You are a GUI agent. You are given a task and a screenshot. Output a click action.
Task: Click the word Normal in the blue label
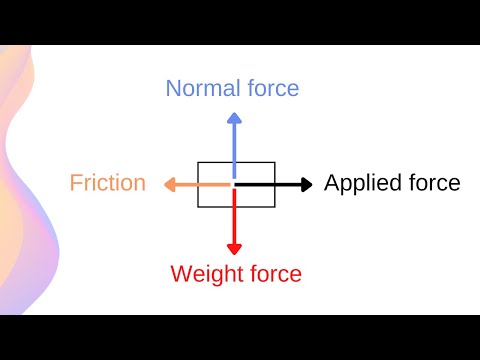pos(199,88)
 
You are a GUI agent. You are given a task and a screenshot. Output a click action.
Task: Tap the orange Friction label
pos(108,184)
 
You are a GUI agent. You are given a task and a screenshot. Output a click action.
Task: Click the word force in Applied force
pos(432,184)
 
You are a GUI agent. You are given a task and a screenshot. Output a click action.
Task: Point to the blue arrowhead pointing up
pos(234,117)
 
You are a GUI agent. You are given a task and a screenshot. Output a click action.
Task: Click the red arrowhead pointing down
pos(234,246)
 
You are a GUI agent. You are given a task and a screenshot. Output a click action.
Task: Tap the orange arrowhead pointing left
pos(166,184)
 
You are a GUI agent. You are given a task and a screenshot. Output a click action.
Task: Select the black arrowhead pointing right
pos(305,184)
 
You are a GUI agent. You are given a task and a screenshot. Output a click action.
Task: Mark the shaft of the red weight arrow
pos(234,215)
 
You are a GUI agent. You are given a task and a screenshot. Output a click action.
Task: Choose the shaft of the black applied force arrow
pos(268,184)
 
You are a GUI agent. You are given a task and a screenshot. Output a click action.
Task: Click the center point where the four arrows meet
pos(234,184)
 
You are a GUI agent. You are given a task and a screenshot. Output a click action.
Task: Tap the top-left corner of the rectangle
pos(198,162)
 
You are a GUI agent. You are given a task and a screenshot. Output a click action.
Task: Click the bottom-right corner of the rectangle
pos(274,207)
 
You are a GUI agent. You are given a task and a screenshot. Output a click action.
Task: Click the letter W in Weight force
pos(181,273)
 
